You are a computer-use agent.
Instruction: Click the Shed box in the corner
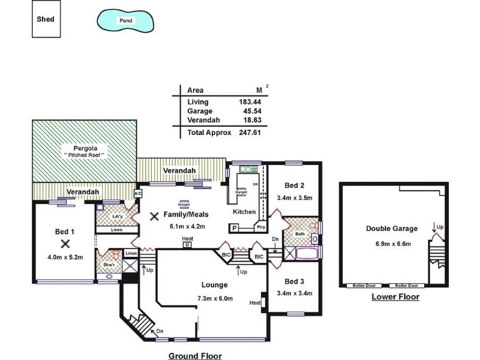pos(47,19)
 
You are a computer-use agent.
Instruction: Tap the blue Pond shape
pos(126,20)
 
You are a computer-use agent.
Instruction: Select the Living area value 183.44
pos(249,102)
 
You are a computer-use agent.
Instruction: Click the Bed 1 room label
pos(65,232)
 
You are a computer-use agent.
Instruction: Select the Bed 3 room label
pos(294,281)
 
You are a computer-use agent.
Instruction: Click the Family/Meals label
pos(187,214)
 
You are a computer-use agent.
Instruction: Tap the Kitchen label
pos(244,212)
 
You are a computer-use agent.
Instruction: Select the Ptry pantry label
pos(260,228)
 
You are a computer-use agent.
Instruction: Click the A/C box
pos(137,194)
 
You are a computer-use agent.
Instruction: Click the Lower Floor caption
pos(395,297)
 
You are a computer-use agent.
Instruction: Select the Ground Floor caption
pos(194,355)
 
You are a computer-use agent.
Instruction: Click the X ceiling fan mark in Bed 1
pos(65,243)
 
